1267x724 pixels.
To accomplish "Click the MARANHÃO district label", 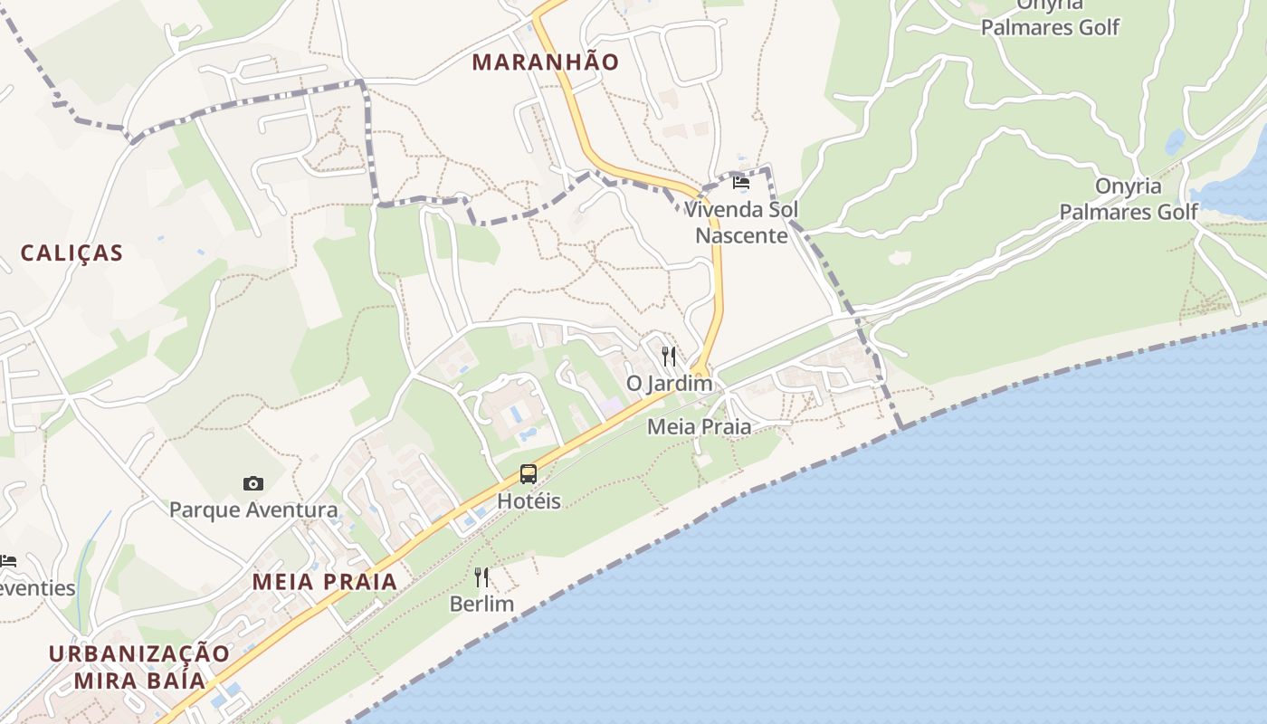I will (x=546, y=62).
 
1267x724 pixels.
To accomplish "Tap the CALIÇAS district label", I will (x=71, y=253).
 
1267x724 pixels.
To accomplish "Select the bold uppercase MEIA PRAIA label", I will (x=325, y=582).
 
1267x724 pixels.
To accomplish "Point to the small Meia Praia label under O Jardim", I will (x=699, y=426).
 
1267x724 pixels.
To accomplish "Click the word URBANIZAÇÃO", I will (x=139, y=653).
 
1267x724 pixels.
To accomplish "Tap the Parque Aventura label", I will (x=253, y=510).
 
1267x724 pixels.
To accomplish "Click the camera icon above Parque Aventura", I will (x=253, y=484).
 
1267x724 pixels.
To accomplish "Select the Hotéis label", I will (x=529, y=501).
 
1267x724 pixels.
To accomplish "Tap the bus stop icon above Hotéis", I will (x=529, y=473).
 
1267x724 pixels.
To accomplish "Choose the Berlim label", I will (x=481, y=604).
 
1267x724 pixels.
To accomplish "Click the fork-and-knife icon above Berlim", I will (x=481, y=576).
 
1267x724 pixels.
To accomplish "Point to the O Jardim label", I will (x=669, y=384).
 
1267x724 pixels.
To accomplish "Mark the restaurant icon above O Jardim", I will (x=669, y=356).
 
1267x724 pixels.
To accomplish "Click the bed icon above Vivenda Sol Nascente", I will (x=741, y=182).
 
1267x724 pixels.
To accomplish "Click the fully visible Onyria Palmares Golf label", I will (x=1129, y=199).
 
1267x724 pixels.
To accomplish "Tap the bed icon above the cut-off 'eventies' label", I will (x=8, y=561).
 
